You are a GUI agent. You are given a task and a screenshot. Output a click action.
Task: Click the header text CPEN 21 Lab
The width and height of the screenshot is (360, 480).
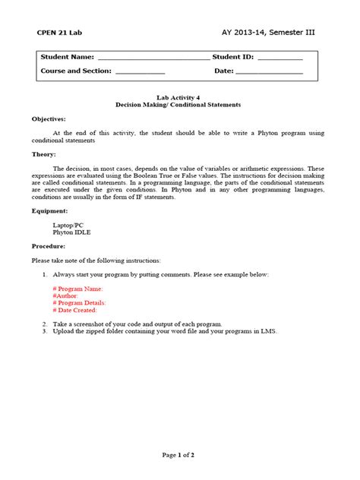pos(61,33)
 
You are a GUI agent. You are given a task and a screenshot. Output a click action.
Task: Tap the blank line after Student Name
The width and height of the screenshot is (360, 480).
pos(153,58)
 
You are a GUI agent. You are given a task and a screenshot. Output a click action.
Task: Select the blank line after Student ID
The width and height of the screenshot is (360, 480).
pos(280,58)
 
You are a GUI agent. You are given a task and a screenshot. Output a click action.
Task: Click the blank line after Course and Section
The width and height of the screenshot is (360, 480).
pos(140,71)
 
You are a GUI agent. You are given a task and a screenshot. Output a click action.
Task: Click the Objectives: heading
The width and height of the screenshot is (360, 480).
pos(49,119)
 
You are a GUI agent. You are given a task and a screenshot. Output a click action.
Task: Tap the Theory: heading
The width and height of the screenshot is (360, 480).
pos(43,154)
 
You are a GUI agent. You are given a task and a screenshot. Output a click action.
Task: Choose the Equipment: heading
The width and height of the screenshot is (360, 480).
pos(49,210)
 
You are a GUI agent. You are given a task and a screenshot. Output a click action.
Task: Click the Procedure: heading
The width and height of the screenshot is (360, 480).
pos(49,246)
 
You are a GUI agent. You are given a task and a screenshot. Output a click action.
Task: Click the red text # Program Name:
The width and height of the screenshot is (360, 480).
pos(77,289)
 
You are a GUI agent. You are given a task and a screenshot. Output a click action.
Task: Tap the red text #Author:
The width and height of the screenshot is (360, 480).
pos(66,295)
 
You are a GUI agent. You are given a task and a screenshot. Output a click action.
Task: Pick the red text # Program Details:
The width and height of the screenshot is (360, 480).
pos(80,302)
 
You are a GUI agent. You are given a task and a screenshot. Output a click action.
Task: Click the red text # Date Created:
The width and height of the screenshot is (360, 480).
pos(75,310)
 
